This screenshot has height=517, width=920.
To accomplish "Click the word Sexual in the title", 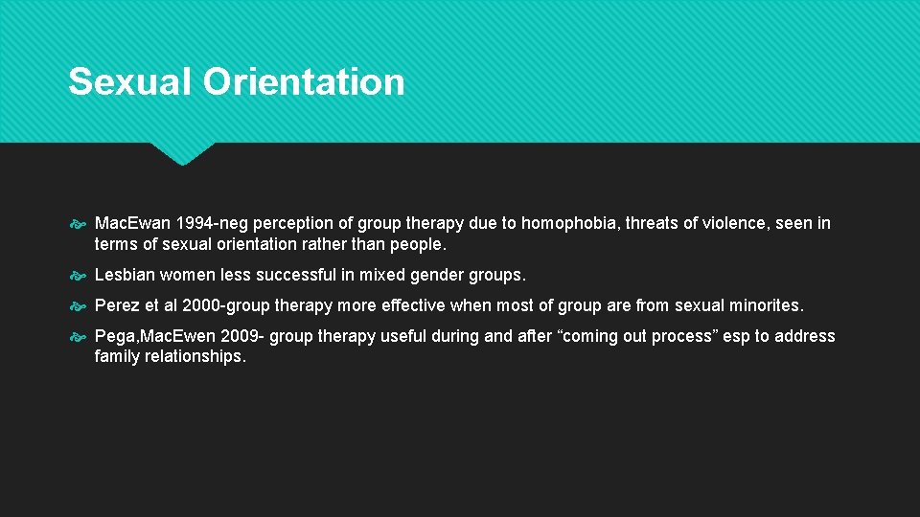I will pos(130,81).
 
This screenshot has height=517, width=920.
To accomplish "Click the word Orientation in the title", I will pos(304,81).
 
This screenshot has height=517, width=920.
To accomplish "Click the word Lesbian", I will pos(125,275).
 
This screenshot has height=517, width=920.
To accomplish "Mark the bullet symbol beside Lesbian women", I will pos(79,276).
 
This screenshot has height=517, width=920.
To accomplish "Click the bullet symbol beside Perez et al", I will pos(79,306).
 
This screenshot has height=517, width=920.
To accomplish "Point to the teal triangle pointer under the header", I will pos(182,153).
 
